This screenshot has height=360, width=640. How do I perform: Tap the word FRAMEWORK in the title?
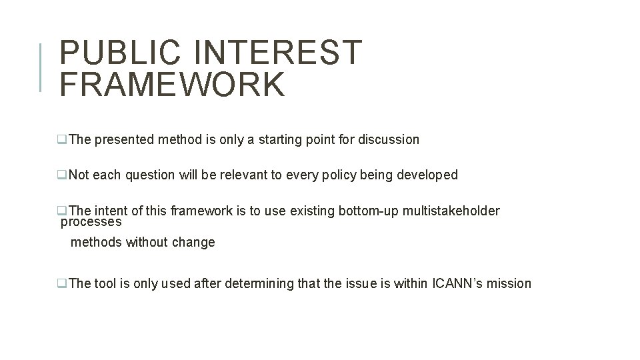pyautogui.click(x=172, y=84)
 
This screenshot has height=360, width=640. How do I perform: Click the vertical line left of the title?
pyautogui.click(x=41, y=67)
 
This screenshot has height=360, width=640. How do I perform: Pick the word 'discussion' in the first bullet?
pyautogui.click(x=389, y=140)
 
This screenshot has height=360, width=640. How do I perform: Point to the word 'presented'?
pyautogui.click(x=125, y=140)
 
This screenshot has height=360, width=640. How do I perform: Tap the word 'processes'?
pyautogui.click(x=91, y=222)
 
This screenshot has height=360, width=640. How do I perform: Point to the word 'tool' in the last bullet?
pyautogui.click(x=105, y=284)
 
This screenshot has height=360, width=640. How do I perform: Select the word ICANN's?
pyautogui.click(x=455, y=284)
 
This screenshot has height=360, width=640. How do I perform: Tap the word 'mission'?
pyautogui.click(x=509, y=284)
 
